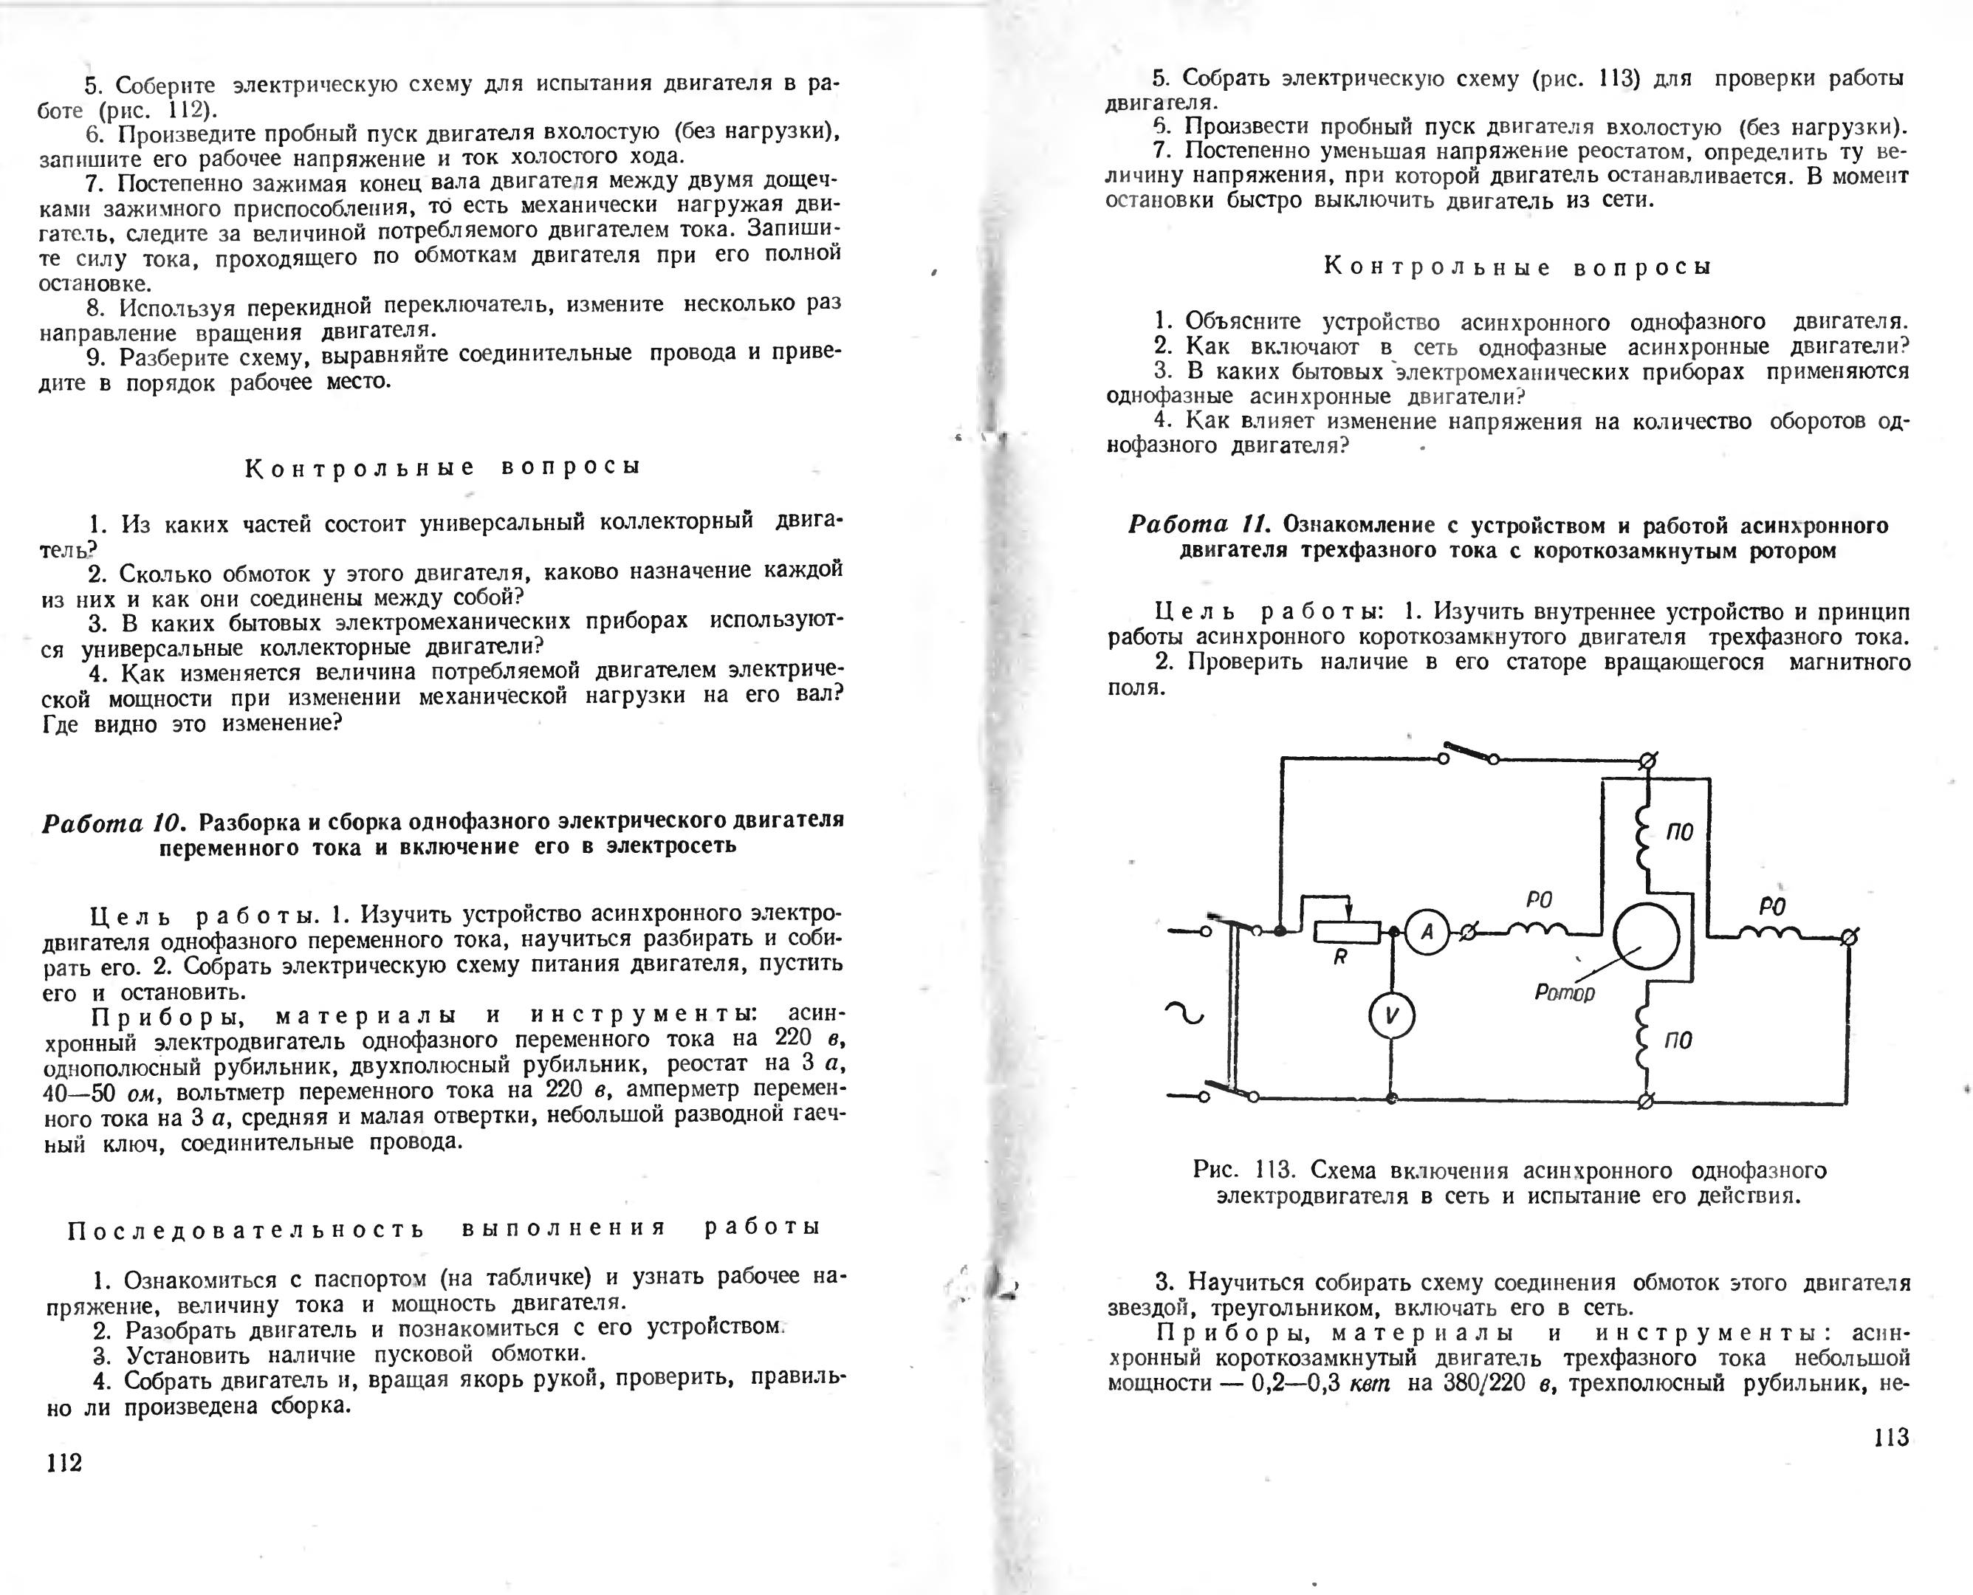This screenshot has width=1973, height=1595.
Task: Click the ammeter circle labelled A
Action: pyautogui.click(x=1427, y=932)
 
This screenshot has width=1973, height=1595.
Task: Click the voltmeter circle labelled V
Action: pyautogui.click(x=1392, y=1015)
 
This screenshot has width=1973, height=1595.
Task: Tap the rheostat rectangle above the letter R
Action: pyautogui.click(x=1347, y=932)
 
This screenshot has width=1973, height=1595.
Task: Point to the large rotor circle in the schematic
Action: pyautogui.click(x=1647, y=936)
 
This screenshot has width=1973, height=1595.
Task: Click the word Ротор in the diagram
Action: pyautogui.click(x=1564, y=992)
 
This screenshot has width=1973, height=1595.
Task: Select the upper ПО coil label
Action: pyautogui.click(x=1679, y=834)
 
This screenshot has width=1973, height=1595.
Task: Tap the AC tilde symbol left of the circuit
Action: pyautogui.click(x=1184, y=1013)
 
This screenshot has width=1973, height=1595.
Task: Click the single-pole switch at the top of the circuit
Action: pyautogui.click(x=1469, y=752)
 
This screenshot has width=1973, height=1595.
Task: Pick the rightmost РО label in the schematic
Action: pyautogui.click(x=1772, y=907)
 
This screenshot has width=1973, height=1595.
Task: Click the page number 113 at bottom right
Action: pyautogui.click(x=1890, y=1437)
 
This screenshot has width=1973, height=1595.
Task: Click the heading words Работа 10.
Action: pyautogui.click(x=114, y=821)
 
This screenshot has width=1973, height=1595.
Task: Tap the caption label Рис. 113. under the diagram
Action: pyautogui.click(x=1243, y=1170)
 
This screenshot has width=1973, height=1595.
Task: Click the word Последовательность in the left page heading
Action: pyautogui.click(x=246, y=1229)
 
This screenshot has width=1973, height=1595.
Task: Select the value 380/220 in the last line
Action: pyautogui.click(x=1484, y=1383)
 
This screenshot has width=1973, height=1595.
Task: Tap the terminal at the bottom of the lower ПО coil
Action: pyautogui.click(x=1646, y=1100)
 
